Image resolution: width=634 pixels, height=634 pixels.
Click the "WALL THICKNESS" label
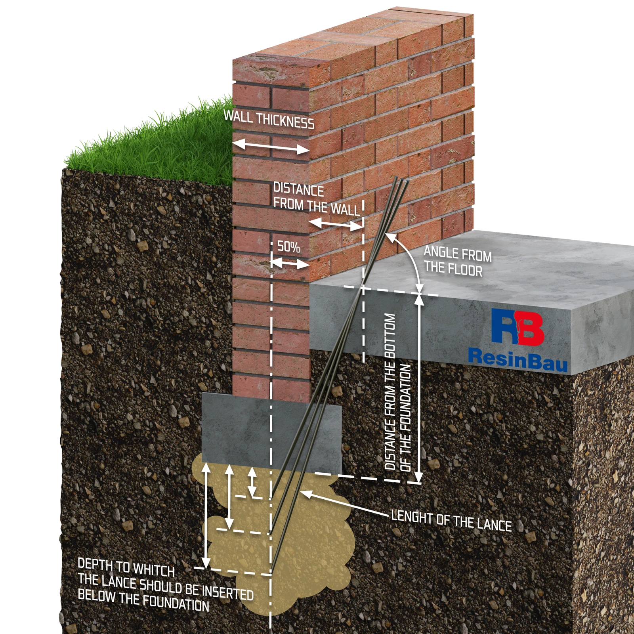(269, 120)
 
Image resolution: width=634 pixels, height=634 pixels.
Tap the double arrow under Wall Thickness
(271, 147)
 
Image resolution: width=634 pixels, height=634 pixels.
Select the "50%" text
(288, 246)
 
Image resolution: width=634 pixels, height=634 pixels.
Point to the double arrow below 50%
(290, 263)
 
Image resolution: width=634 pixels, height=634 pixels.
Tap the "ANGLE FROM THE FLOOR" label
(458, 262)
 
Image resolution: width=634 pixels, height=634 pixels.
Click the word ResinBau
(518, 359)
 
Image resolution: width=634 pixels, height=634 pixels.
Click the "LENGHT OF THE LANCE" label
(451, 521)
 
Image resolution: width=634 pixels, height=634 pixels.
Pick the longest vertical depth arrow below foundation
(206, 515)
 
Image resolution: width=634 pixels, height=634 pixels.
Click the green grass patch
(151, 147)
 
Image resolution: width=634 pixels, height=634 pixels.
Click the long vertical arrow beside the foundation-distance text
(419, 388)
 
